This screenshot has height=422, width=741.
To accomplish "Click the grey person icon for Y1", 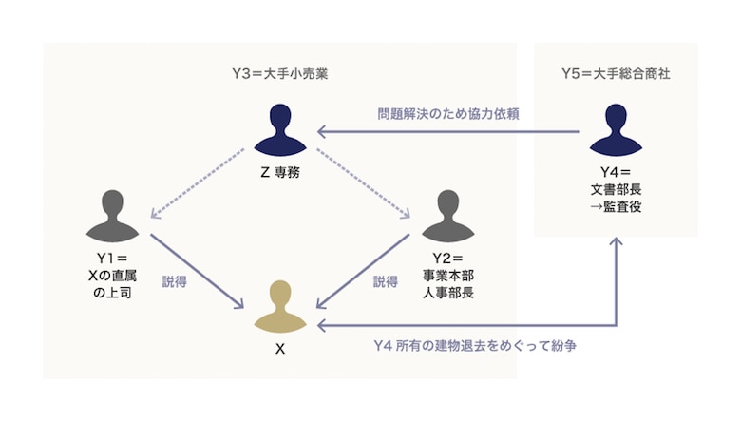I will (112, 217).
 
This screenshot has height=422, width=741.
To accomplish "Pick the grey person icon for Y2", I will (447, 217).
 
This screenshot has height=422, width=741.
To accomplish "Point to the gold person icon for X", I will (279, 306).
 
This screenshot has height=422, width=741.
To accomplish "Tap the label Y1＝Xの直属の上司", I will (112, 275).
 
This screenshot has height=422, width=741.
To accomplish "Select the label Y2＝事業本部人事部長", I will (447, 275).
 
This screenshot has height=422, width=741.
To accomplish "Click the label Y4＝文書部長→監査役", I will (615, 189).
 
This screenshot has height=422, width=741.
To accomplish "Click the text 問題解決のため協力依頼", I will (447, 113).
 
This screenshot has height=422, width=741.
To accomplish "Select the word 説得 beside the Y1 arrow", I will (174, 281).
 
